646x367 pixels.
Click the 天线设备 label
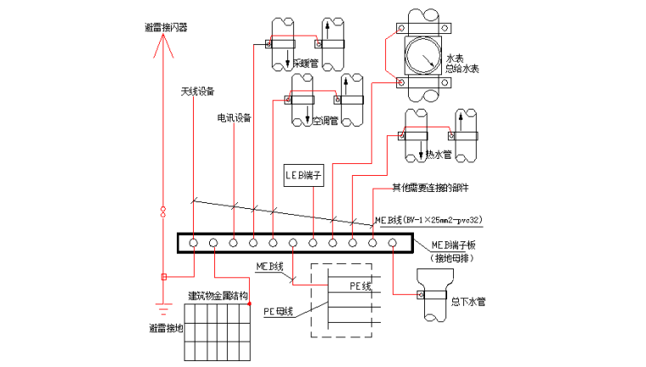197,91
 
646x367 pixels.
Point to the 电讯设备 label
234,117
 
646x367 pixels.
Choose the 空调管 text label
325,121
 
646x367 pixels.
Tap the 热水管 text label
437,155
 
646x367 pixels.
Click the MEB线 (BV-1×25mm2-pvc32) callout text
428,220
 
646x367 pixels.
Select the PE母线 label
277,311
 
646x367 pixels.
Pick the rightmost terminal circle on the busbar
393,244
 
